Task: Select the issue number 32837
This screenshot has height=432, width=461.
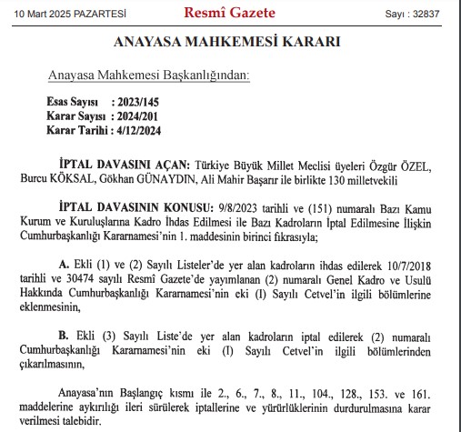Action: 430,14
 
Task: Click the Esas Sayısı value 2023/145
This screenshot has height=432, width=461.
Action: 142,105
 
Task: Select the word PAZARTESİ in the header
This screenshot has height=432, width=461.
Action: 100,14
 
